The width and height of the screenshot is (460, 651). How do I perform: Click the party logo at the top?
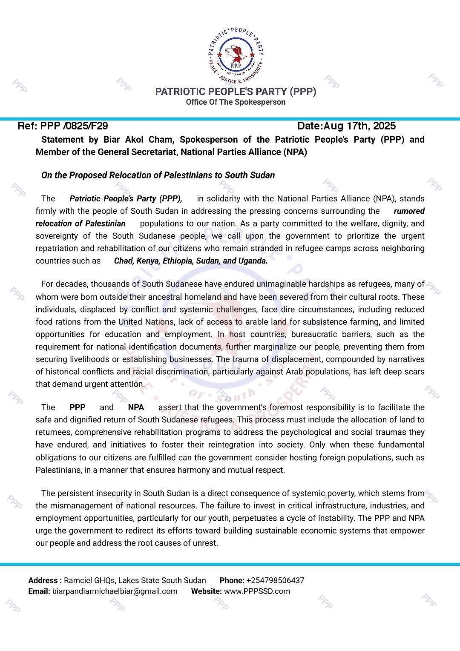point(236,54)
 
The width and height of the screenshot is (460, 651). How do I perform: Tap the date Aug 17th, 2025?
point(359,126)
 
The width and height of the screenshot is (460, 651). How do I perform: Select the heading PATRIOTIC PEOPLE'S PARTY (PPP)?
point(236,92)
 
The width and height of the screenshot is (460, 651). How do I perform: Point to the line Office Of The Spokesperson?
point(236,102)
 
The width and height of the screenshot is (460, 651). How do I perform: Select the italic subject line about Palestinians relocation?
point(158,175)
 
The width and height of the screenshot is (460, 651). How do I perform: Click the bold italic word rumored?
point(409,211)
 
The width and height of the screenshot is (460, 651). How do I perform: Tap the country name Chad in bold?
point(124,261)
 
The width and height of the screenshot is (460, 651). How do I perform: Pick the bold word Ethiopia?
point(177,261)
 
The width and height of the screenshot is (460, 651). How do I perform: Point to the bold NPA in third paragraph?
point(136,407)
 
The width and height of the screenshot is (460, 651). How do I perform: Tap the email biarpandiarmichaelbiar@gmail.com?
point(115,591)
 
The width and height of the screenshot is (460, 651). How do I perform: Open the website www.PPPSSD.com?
point(257,591)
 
